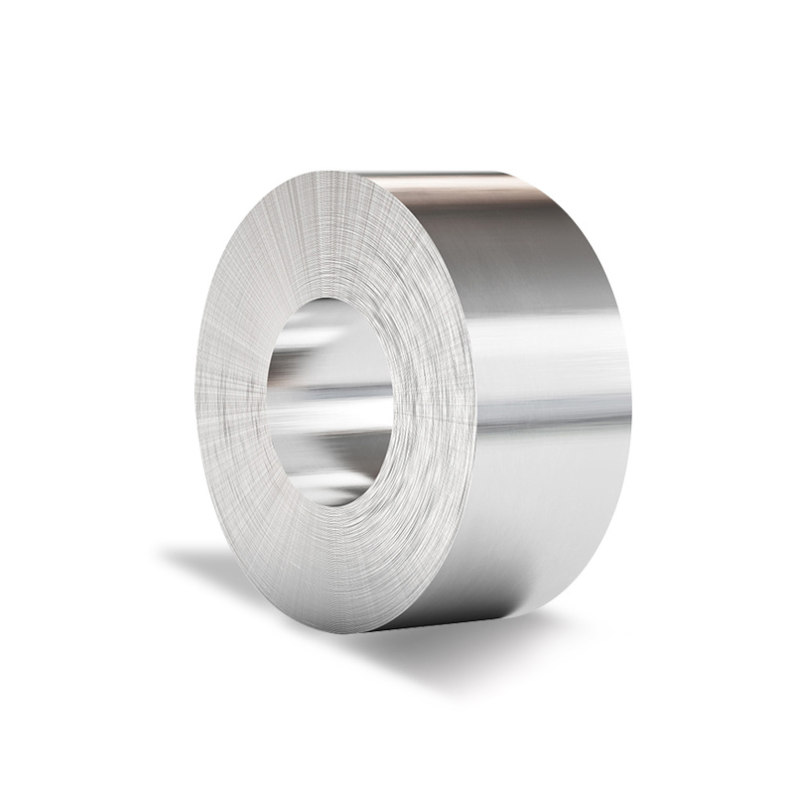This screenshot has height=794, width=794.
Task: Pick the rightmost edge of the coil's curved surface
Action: (x=630, y=397)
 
